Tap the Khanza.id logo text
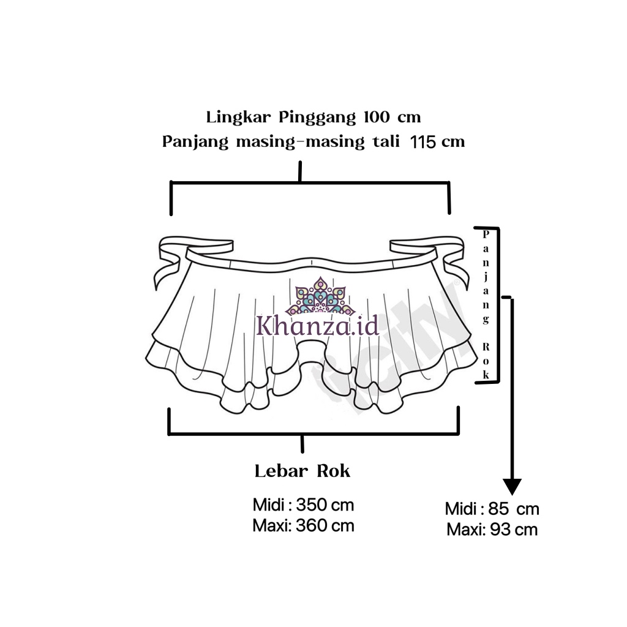(x=317, y=324)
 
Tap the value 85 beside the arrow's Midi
(x=500, y=509)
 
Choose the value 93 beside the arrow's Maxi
(x=500, y=529)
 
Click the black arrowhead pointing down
(x=512, y=487)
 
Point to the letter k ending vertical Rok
(x=486, y=375)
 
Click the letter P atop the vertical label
(x=486, y=234)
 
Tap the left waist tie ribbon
(x=168, y=260)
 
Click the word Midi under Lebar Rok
(x=268, y=506)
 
